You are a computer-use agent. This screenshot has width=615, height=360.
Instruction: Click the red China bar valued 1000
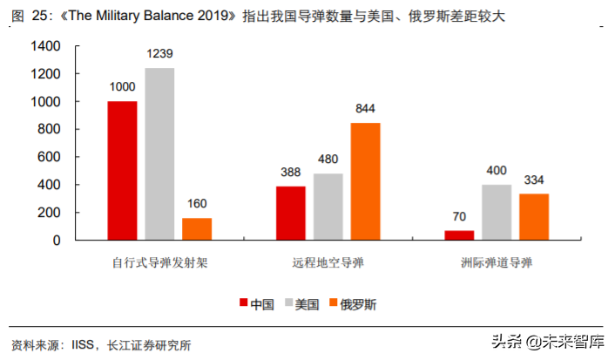[123, 171]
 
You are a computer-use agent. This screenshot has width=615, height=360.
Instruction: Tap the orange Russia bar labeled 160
[197, 229]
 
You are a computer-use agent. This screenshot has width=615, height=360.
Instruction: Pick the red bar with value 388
[291, 214]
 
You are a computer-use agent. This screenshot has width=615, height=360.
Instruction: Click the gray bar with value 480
[328, 207]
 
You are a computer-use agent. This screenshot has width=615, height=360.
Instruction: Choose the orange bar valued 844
[365, 181]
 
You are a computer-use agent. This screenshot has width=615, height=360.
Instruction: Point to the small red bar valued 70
[459, 235]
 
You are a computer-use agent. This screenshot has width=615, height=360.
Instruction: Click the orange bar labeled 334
[534, 217]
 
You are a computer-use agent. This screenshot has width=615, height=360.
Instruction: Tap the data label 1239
[159, 55]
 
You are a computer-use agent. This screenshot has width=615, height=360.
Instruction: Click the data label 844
[365, 110]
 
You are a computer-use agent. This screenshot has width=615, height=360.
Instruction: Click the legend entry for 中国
[257, 304]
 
